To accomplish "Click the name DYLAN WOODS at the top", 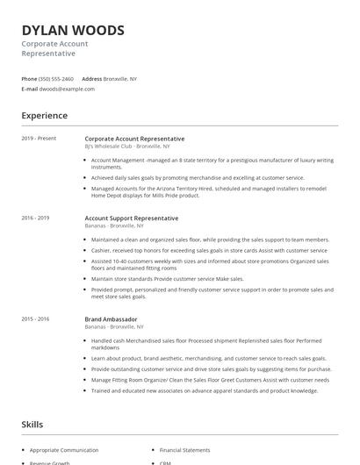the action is tap(73, 30).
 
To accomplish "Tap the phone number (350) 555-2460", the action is tap(55, 79).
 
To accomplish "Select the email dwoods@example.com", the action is tap(66, 89).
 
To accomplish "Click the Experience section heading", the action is tap(45, 116).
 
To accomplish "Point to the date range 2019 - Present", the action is tap(39, 139).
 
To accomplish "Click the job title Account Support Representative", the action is tap(131, 218).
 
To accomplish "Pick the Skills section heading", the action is tap(32, 425).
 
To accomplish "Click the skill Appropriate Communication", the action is tap(64, 449).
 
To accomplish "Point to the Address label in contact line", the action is tap(91, 79).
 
